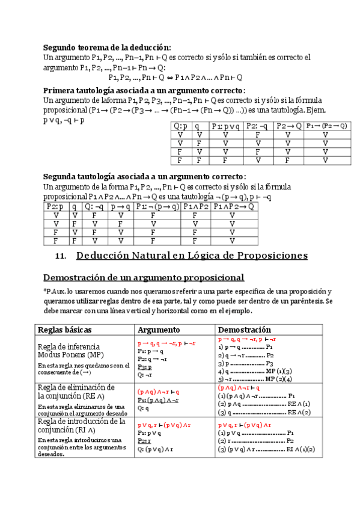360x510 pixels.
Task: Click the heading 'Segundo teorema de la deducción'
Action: coord(107,48)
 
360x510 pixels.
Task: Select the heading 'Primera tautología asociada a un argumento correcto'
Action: coord(144,90)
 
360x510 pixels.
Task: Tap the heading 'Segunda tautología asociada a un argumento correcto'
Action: coord(144,177)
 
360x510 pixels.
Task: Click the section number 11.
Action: coord(59,256)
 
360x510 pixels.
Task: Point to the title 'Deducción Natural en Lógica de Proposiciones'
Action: coord(192,256)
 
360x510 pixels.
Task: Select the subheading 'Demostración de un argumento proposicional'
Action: coord(144,277)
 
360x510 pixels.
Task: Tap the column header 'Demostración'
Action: coord(244,330)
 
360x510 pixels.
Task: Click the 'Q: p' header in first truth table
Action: coord(180,126)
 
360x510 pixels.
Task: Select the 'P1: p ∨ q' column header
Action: coord(225,126)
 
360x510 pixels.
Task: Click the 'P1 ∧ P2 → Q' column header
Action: coord(233,206)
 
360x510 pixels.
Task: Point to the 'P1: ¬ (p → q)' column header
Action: coord(157,206)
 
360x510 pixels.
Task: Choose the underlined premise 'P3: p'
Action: coord(145,366)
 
